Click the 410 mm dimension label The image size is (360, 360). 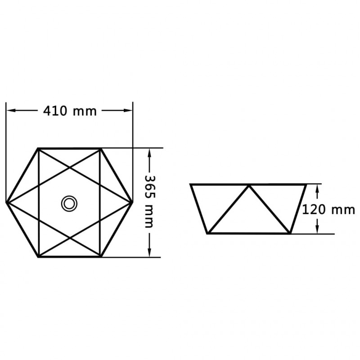(70, 111)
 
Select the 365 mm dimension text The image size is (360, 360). (150, 202)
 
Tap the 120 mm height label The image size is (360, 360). (328, 210)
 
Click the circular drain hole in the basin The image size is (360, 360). (69, 204)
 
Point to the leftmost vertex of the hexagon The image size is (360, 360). (6, 203)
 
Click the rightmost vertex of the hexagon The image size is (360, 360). (132, 203)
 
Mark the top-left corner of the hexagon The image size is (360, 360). (38, 148)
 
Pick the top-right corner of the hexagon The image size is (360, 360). (101, 148)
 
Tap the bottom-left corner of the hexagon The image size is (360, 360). (38, 257)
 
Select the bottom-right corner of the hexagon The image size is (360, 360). (101, 257)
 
